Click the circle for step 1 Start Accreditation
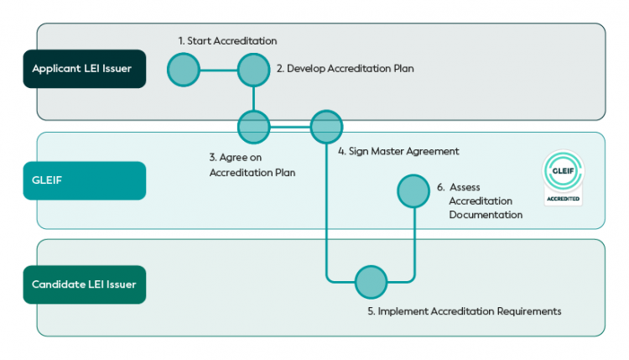pyautogui.click(x=184, y=70)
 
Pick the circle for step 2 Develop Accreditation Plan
pyautogui.click(x=253, y=70)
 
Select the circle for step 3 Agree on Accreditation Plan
pyautogui.click(x=253, y=128)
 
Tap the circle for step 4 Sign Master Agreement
pyautogui.click(x=326, y=128)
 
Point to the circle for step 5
pyautogui.click(x=371, y=282)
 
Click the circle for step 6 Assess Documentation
pyautogui.click(x=413, y=191)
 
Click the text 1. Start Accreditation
pyautogui.click(x=227, y=40)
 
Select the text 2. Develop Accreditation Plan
pyautogui.click(x=345, y=69)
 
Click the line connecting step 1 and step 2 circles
pyautogui.click(x=218, y=70)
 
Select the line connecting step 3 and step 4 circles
pyautogui.click(x=289, y=128)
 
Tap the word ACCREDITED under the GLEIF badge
pyautogui.click(x=563, y=199)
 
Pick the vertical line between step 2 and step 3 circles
pyautogui.click(x=253, y=99)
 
